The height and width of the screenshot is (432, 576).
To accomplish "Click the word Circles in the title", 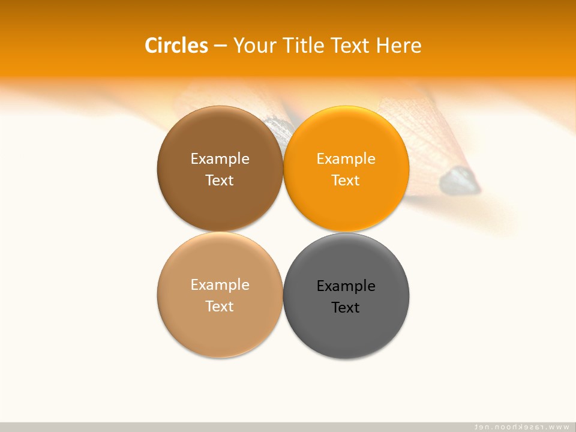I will [176, 46].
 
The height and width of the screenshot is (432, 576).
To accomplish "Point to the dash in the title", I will [220, 46].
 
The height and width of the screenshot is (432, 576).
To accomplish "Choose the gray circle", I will [346, 330].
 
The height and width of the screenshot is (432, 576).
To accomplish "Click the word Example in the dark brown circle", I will [220, 158].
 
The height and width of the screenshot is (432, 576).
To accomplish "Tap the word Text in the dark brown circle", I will [220, 180].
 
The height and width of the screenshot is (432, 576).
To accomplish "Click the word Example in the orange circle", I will [346, 158].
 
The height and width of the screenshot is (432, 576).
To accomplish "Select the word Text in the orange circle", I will [346, 180].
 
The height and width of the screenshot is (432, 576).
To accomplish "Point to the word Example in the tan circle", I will [220, 284].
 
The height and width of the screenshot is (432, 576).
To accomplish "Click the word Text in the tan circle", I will [220, 306].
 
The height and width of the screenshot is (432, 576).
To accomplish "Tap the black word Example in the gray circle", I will [346, 286].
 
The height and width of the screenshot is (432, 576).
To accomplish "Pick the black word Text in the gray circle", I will [346, 307].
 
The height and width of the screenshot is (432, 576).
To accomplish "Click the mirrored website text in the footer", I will [521, 427].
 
